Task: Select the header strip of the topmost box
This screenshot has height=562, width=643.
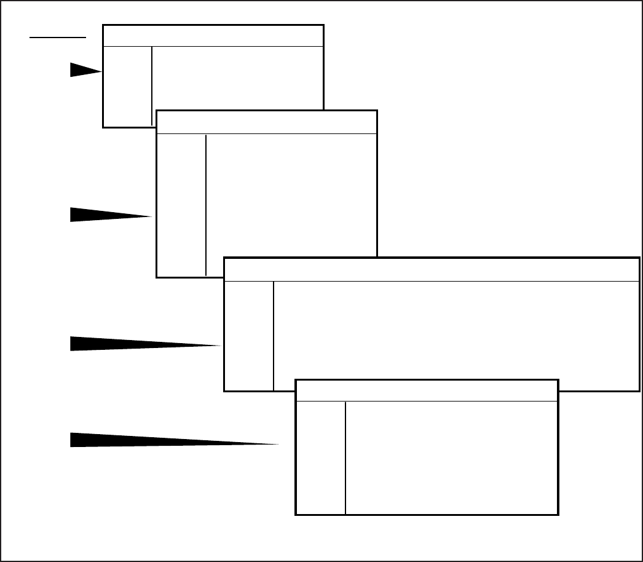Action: (213, 36)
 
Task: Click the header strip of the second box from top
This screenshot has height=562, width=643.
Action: (266, 122)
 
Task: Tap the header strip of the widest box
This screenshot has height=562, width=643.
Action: (431, 269)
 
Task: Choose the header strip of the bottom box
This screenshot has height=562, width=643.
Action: (427, 390)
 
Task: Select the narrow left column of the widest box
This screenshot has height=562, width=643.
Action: (249, 335)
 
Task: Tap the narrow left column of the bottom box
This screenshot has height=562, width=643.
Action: (321, 457)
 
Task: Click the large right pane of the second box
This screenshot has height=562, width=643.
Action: (291, 194)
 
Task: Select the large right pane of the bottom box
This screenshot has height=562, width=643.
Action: (451, 457)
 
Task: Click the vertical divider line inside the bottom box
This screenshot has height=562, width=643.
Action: (345, 457)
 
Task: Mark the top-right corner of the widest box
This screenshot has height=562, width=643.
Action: (639, 258)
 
